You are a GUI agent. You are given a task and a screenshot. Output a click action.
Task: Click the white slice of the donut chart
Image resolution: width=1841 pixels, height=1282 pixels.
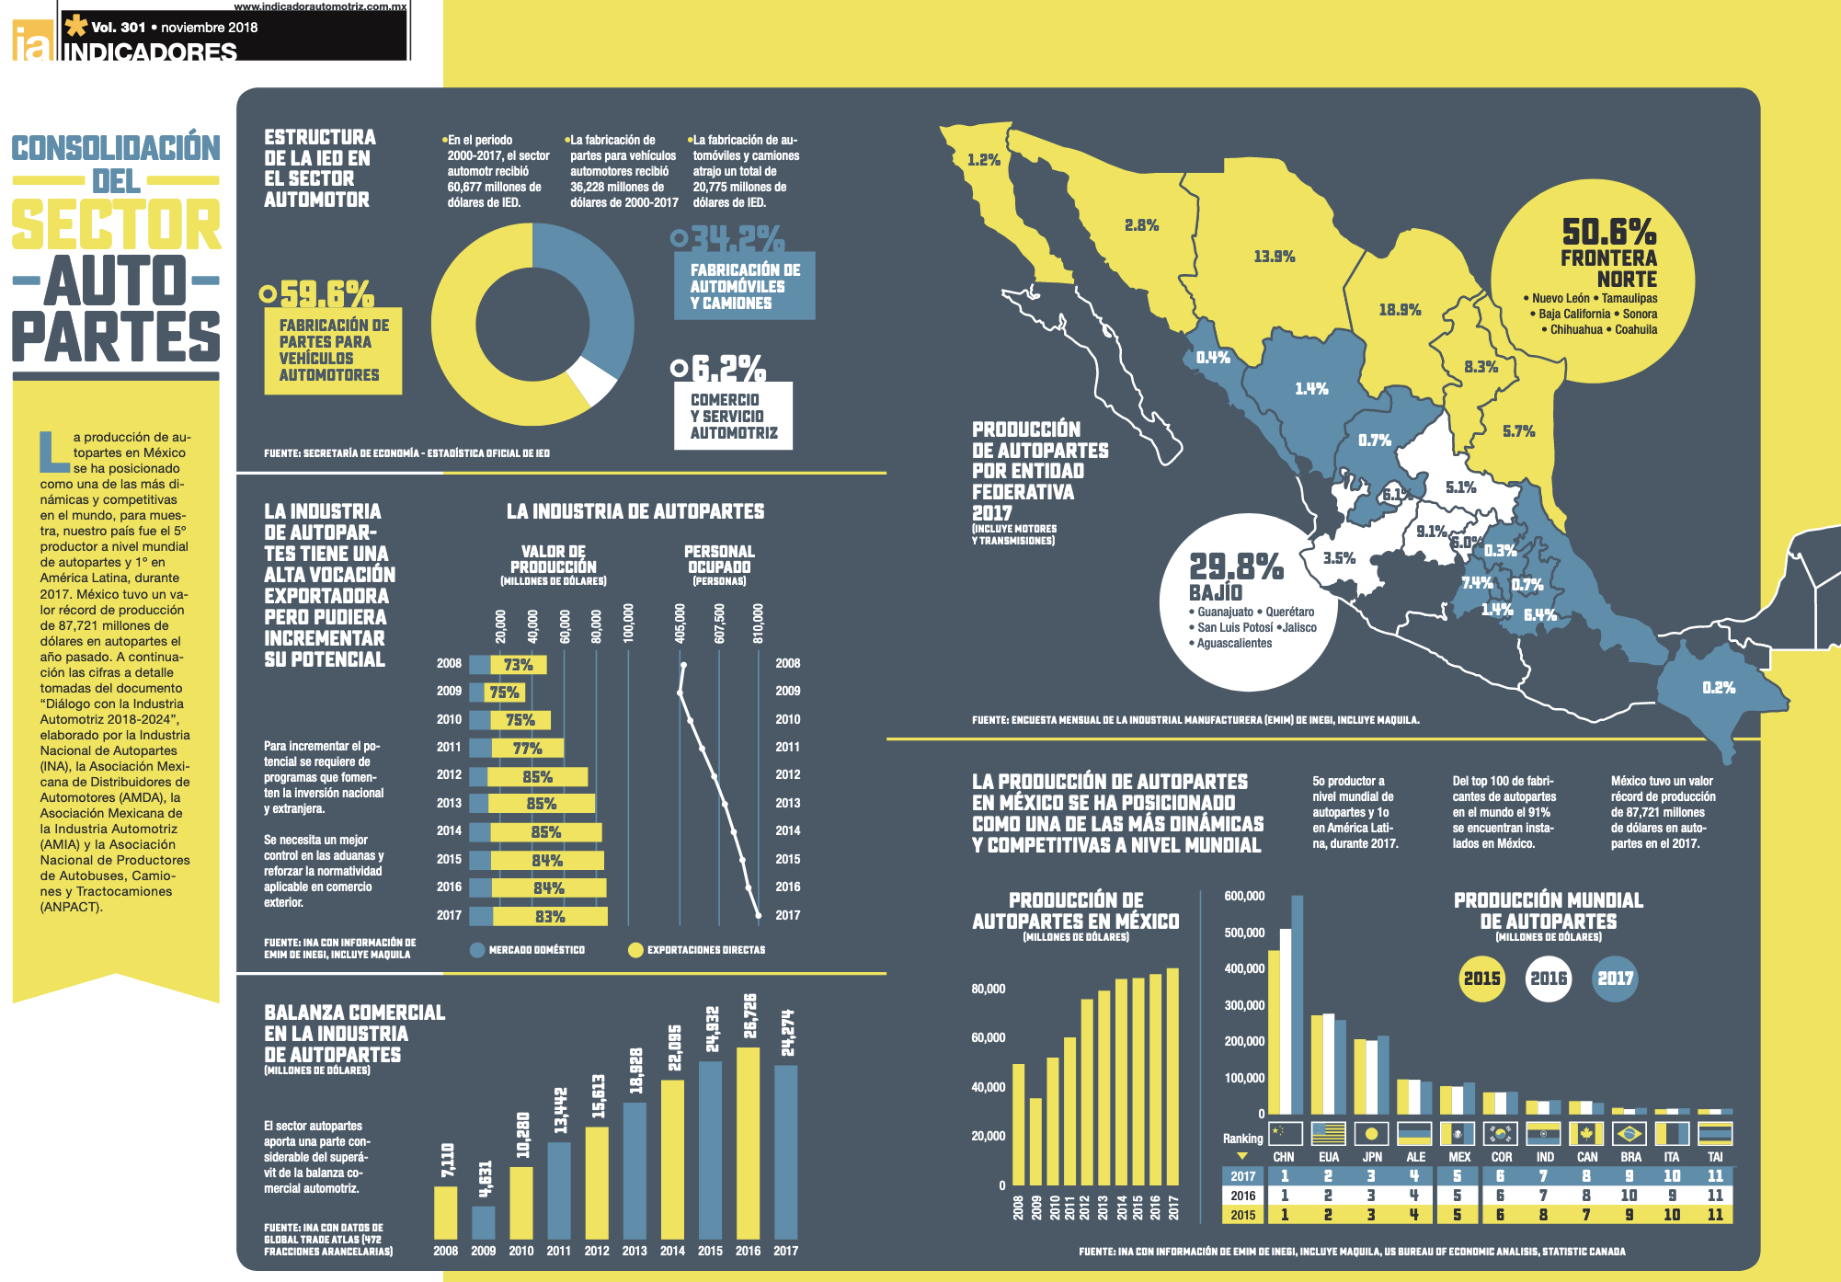tap(592, 380)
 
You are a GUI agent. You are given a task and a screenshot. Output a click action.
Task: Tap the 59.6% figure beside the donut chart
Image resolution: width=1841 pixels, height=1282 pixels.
tap(326, 293)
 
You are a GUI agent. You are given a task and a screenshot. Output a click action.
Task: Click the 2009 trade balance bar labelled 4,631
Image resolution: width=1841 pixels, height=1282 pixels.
tap(484, 1222)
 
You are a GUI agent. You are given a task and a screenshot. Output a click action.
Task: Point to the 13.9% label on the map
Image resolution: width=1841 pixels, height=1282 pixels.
tap(1274, 257)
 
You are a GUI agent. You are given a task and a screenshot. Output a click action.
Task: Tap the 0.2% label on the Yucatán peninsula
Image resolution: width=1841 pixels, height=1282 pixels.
tap(1718, 687)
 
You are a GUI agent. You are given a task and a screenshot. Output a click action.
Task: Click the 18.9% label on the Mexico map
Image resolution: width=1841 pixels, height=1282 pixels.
tap(1400, 310)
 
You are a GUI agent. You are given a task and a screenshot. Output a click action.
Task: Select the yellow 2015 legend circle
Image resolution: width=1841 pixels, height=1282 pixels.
tap(1481, 979)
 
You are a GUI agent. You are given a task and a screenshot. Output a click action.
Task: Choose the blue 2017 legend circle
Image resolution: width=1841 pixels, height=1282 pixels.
tap(1615, 979)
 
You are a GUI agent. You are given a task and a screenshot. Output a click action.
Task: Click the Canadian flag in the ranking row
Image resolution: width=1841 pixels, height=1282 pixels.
tap(1586, 1133)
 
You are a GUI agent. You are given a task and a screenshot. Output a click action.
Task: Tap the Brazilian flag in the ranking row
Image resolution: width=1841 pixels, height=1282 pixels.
tap(1629, 1133)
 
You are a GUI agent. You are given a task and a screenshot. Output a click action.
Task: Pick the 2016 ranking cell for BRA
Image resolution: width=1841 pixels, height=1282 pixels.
tap(1629, 1196)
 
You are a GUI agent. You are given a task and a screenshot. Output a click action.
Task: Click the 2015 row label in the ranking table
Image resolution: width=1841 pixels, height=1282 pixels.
tap(1242, 1215)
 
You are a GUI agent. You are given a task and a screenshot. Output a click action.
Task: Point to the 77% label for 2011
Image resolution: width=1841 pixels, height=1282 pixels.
tap(527, 749)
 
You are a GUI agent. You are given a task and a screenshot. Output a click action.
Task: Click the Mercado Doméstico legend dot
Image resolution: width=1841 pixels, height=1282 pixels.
tap(477, 950)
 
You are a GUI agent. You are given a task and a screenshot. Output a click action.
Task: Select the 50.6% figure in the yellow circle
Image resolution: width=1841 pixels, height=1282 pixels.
tap(1608, 232)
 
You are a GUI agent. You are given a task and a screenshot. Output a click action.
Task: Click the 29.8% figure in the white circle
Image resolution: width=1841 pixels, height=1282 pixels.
tap(1235, 567)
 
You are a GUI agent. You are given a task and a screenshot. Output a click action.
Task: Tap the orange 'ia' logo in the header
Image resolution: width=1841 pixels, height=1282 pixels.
tap(31, 41)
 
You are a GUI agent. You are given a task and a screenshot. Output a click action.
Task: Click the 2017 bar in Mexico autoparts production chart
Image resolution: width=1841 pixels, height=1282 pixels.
tap(1172, 1076)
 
